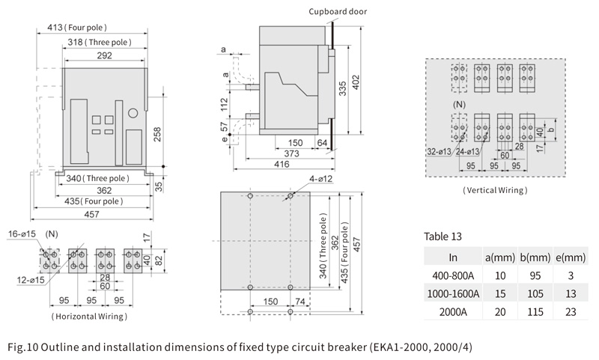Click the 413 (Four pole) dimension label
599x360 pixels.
coord(77,28)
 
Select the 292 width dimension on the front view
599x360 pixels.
coord(104,55)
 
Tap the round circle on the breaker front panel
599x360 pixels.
coord(133,113)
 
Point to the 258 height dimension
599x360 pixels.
coord(157,135)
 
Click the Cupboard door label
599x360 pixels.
coord(338,11)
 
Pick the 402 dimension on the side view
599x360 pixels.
coord(356,82)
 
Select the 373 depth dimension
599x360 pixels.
coord(291,153)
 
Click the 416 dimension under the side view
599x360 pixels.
coord(282,164)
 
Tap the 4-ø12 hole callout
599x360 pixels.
coord(321,179)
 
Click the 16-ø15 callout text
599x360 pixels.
coord(22,234)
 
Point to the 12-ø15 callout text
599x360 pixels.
coord(31,280)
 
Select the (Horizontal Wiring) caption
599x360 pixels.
coord(89,317)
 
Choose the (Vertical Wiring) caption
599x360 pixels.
coord(495,190)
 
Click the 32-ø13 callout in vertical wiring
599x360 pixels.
coord(439,151)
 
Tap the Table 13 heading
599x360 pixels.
coord(443,237)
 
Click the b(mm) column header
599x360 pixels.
coord(535,257)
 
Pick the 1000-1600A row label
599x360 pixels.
coord(453,293)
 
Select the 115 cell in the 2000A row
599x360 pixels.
coord(535,312)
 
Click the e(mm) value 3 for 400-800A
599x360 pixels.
coord(571,275)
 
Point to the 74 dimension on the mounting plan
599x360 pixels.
coord(300,302)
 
